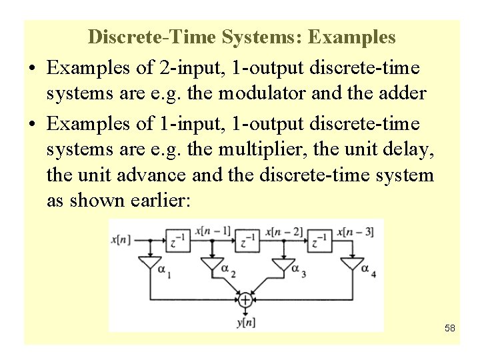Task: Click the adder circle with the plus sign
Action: coord(245,301)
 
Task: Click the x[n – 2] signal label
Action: coord(284,231)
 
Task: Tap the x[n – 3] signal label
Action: coord(355,231)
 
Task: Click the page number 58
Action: coord(449,328)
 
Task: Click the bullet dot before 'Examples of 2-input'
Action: coord(32,67)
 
